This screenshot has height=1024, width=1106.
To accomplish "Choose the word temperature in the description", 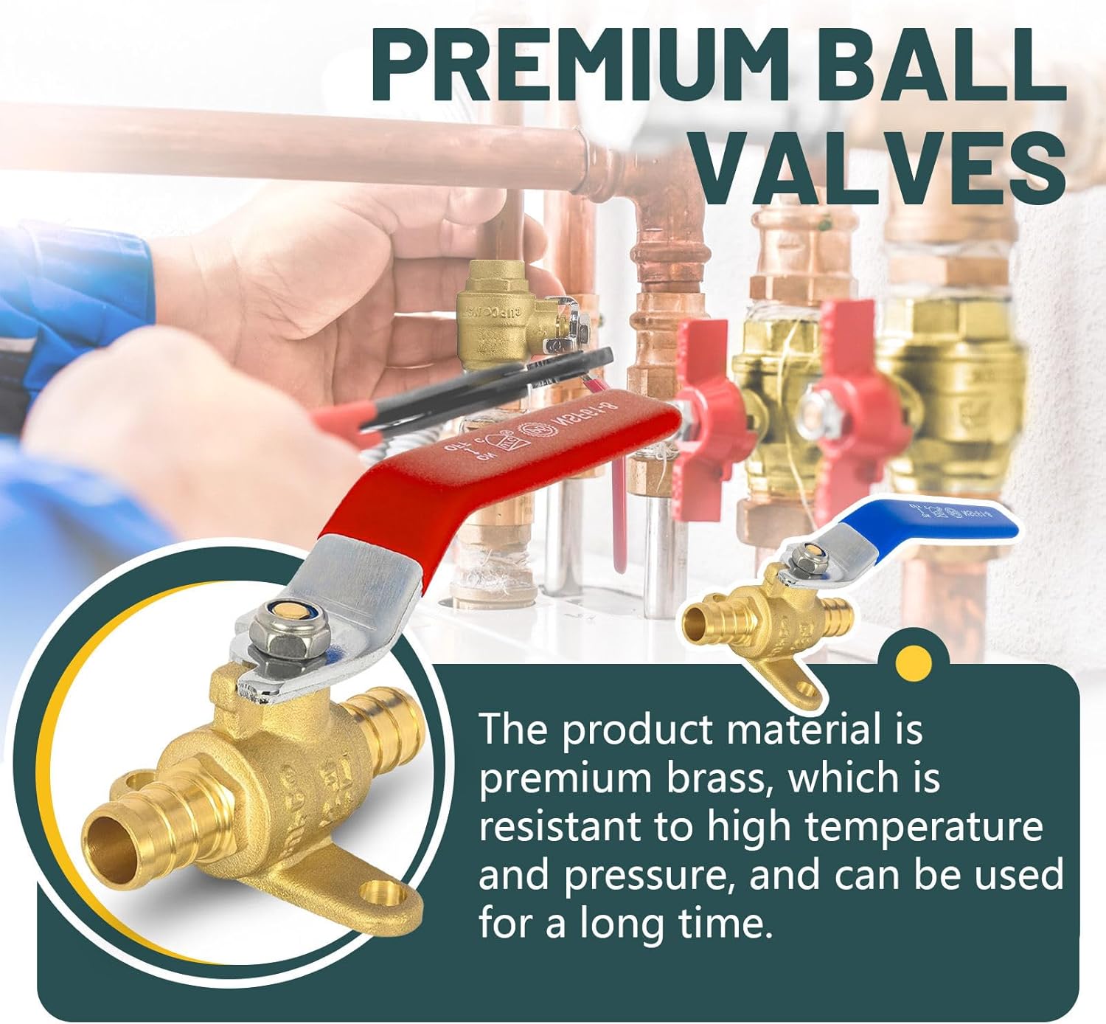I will pos(923,826).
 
